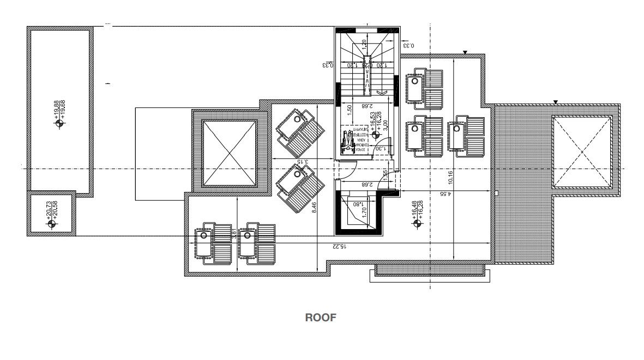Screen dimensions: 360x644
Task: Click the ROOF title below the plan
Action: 320,317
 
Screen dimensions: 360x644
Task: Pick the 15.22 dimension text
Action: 339,247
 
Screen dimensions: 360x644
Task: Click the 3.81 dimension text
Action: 234,234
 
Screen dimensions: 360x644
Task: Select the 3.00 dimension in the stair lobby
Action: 384,125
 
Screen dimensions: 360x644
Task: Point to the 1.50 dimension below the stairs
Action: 349,109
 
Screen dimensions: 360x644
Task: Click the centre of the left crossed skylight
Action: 229,153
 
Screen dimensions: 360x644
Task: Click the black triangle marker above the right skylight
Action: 555,102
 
